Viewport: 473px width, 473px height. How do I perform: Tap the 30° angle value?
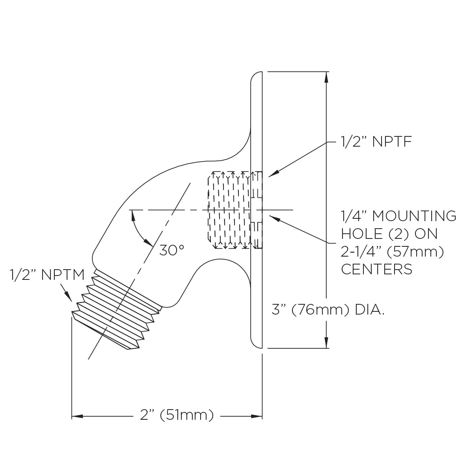click(172, 250)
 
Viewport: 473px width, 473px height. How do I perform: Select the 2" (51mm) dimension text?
click(177, 415)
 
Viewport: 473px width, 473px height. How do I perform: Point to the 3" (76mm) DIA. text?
click(328, 310)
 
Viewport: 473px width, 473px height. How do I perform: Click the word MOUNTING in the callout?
click(414, 216)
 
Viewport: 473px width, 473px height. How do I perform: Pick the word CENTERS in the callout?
click(376, 269)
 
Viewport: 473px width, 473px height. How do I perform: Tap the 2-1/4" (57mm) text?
click(392, 251)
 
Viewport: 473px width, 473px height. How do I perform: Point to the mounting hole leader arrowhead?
click(272, 217)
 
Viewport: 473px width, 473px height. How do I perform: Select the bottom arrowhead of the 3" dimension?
click(326, 343)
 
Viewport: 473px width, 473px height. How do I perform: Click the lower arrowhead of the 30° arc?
click(149, 242)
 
